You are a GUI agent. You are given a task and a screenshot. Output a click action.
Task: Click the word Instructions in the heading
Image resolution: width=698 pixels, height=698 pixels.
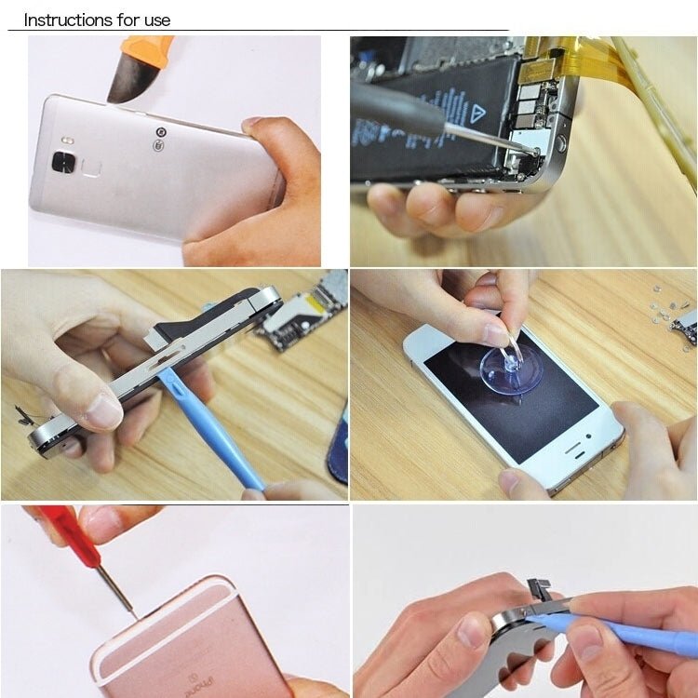pos(64,20)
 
